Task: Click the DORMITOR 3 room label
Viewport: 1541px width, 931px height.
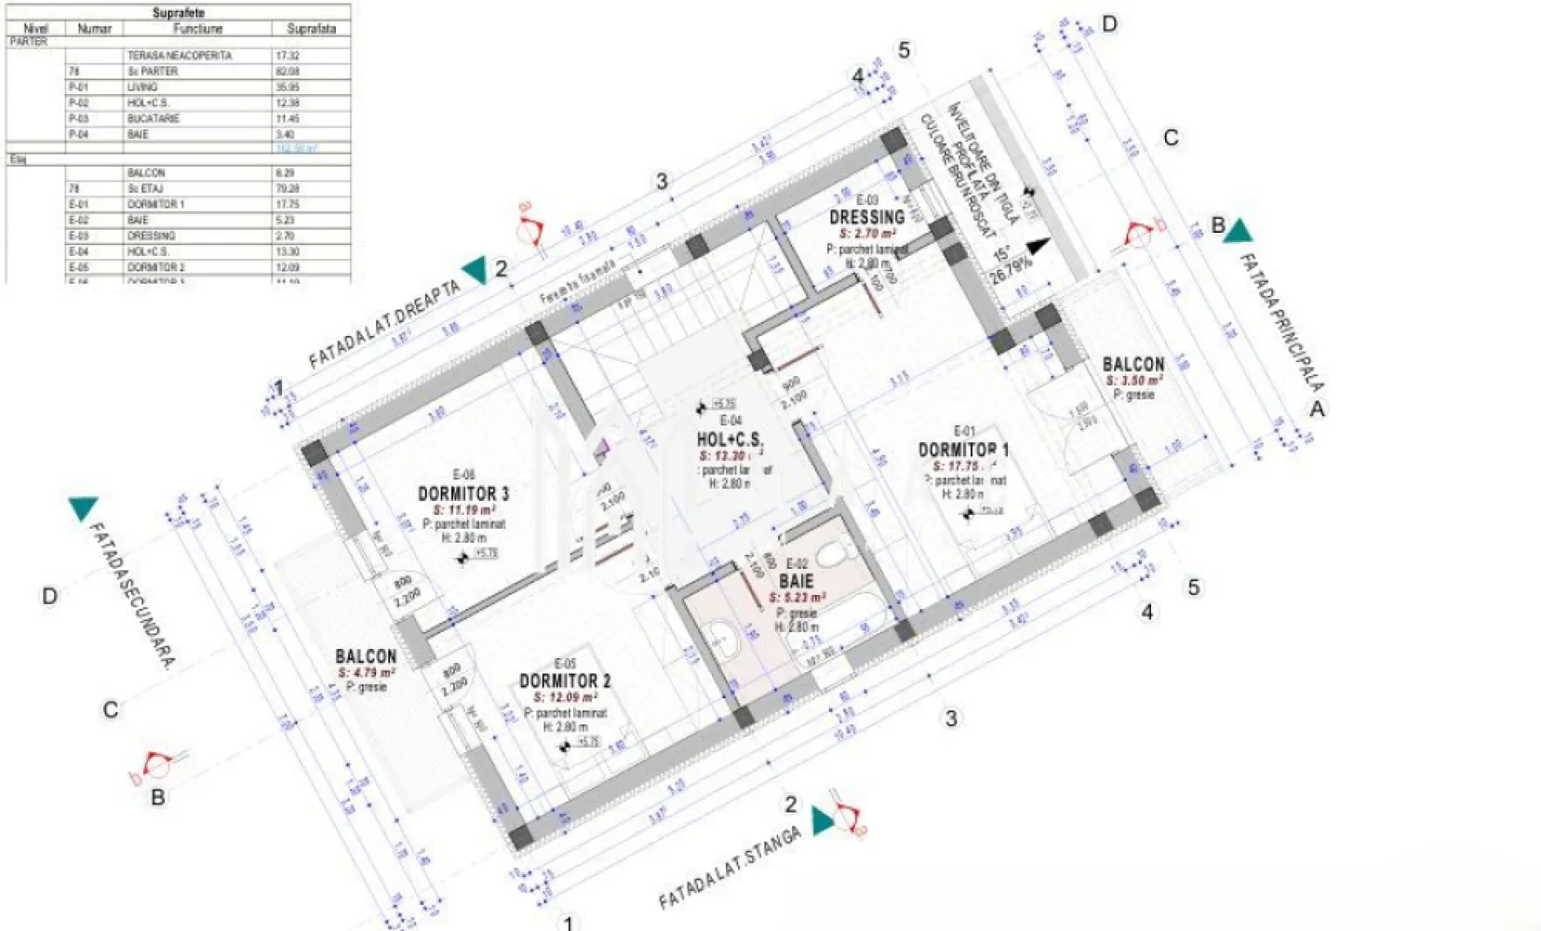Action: point(462,493)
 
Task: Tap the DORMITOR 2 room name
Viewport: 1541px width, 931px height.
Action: point(565,681)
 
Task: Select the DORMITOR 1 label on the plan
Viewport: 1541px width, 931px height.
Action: point(963,450)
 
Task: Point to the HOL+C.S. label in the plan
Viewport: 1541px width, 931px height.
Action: point(730,439)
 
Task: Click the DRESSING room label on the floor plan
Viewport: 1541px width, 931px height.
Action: point(866,217)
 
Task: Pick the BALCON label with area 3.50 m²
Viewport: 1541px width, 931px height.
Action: point(1132,364)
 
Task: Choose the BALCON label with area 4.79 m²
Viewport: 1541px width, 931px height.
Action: point(366,656)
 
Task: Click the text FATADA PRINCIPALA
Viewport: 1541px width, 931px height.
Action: point(1282,321)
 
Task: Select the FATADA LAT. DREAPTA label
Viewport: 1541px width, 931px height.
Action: point(384,324)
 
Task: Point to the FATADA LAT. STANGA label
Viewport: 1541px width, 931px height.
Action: point(730,868)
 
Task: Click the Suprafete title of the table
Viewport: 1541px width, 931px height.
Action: point(178,13)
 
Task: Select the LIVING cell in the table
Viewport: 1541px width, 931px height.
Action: point(142,87)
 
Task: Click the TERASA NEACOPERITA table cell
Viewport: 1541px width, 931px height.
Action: point(180,56)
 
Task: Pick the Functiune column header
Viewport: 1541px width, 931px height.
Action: point(198,29)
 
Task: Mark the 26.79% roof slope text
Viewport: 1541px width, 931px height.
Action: point(1011,271)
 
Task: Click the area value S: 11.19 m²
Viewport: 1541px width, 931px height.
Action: point(463,510)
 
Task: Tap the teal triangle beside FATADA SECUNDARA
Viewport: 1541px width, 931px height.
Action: point(83,508)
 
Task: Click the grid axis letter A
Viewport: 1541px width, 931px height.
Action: point(1317,408)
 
